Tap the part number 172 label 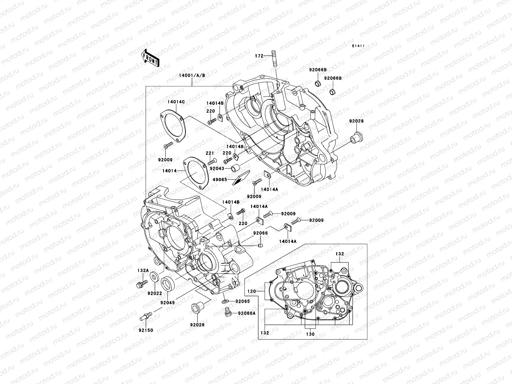(259, 56)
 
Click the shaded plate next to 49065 (242, 178)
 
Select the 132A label (143, 270)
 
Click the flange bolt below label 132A (141, 284)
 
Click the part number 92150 (146, 330)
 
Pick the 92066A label (247, 313)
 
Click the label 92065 (243, 301)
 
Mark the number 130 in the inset (310, 334)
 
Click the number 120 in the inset (252, 292)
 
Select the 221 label (209, 153)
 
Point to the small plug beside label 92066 (260, 246)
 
